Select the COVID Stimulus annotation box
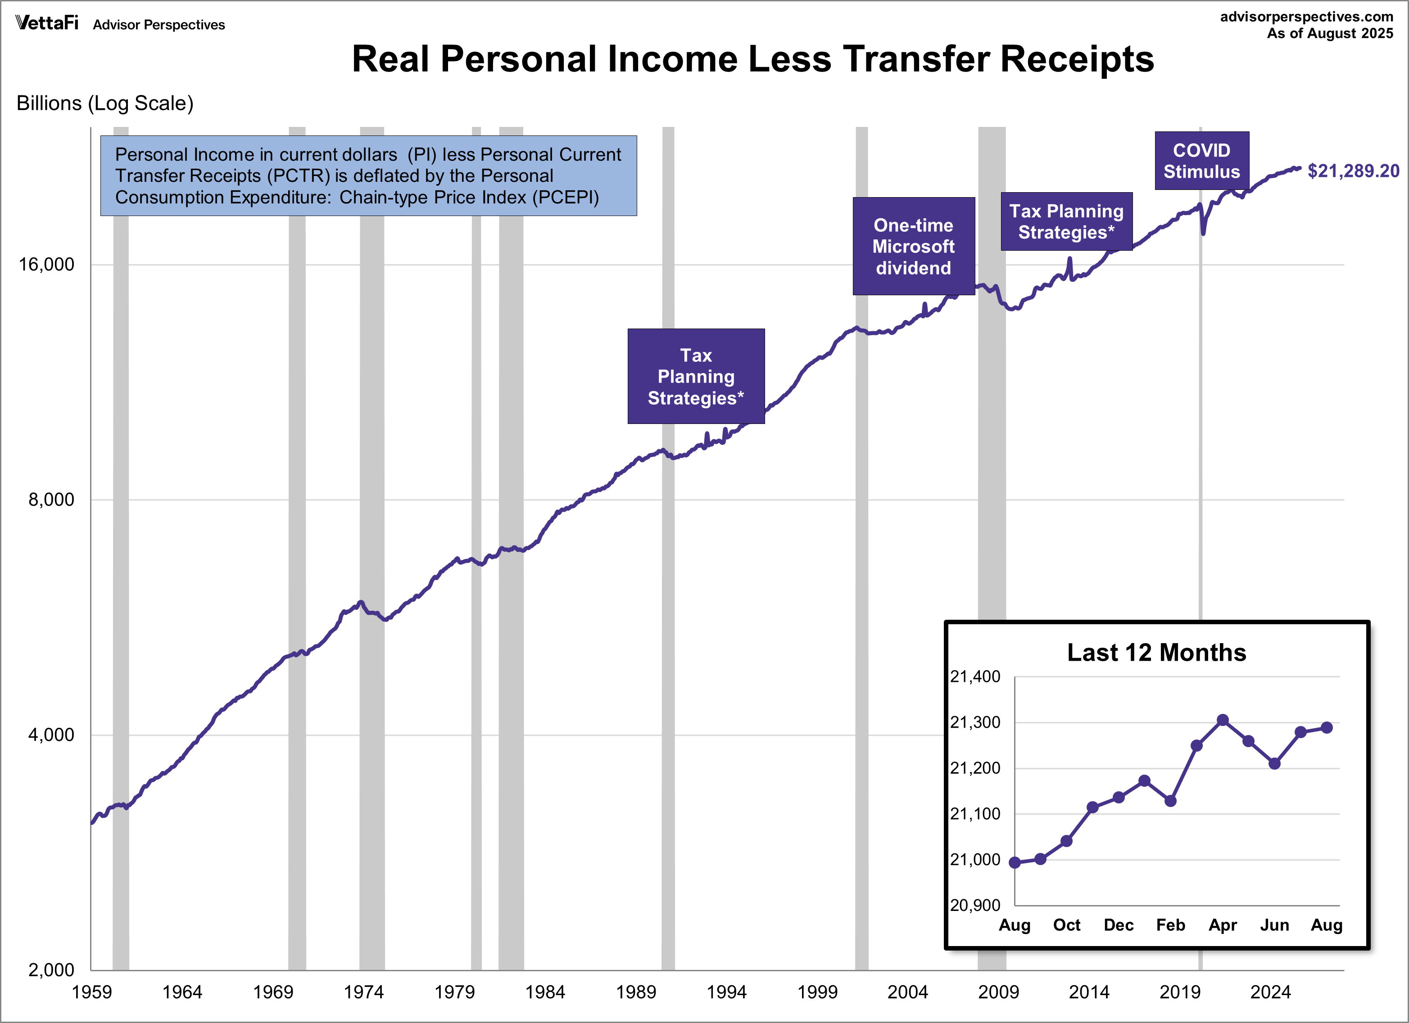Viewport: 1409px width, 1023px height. [x=1201, y=161]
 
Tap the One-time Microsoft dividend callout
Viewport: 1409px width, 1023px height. [x=913, y=247]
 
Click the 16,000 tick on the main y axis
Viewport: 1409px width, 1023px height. [x=46, y=265]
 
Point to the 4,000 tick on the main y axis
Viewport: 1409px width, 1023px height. [x=51, y=735]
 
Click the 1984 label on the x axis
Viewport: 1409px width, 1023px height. [x=545, y=992]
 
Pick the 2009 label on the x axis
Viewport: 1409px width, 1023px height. [x=998, y=992]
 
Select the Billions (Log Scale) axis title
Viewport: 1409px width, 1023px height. [x=105, y=103]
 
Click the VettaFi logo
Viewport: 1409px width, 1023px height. [x=46, y=23]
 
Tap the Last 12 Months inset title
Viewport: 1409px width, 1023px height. [x=1156, y=653]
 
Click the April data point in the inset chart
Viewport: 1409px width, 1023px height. [x=1223, y=720]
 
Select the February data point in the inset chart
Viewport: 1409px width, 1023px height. [x=1170, y=801]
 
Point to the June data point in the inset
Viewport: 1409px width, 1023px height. [x=1274, y=763]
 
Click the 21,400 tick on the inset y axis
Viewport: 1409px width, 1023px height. [x=975, y=676]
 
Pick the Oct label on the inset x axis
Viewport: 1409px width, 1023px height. [x=1067, y=925]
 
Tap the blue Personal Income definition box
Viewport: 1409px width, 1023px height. [x=368, y=176]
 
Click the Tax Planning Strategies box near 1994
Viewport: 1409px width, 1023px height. [x=696, y=376]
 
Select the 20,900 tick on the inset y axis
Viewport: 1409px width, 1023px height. [x=975, y=905]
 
